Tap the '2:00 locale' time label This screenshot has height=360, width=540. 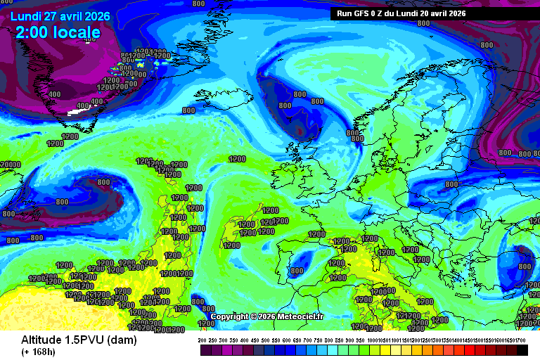click(58, 32)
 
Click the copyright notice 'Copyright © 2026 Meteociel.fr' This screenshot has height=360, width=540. click(266, 317)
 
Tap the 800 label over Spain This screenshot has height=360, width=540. click(297, 271)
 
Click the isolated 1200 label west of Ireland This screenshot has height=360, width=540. click(237, 159)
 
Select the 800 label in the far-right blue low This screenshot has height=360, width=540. click(525, 266)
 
